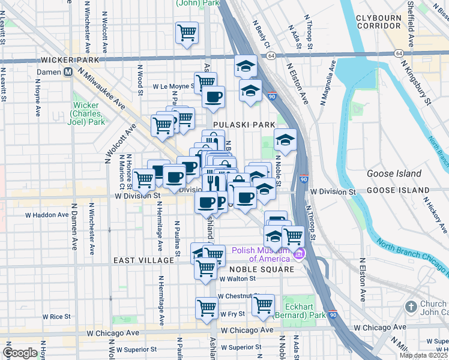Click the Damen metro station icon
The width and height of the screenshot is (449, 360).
click(68, 71)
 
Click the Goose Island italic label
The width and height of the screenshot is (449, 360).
click(391, 174)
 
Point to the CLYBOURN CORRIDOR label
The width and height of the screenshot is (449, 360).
click(378, 22)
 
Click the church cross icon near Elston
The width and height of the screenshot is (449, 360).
click(411, 307)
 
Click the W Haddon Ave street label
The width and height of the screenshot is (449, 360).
click(46, 214)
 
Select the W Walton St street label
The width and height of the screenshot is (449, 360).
click(238, 278)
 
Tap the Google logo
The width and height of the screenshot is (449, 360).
click(20, 353)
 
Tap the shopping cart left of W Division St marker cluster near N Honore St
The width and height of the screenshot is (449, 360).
click(143, 178)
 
